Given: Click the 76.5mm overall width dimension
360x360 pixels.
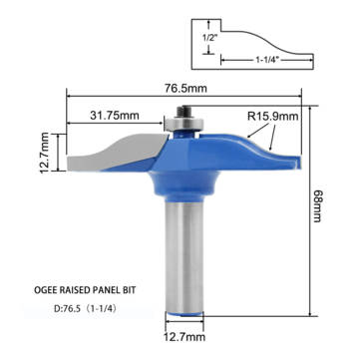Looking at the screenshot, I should (x=185, y=87).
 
